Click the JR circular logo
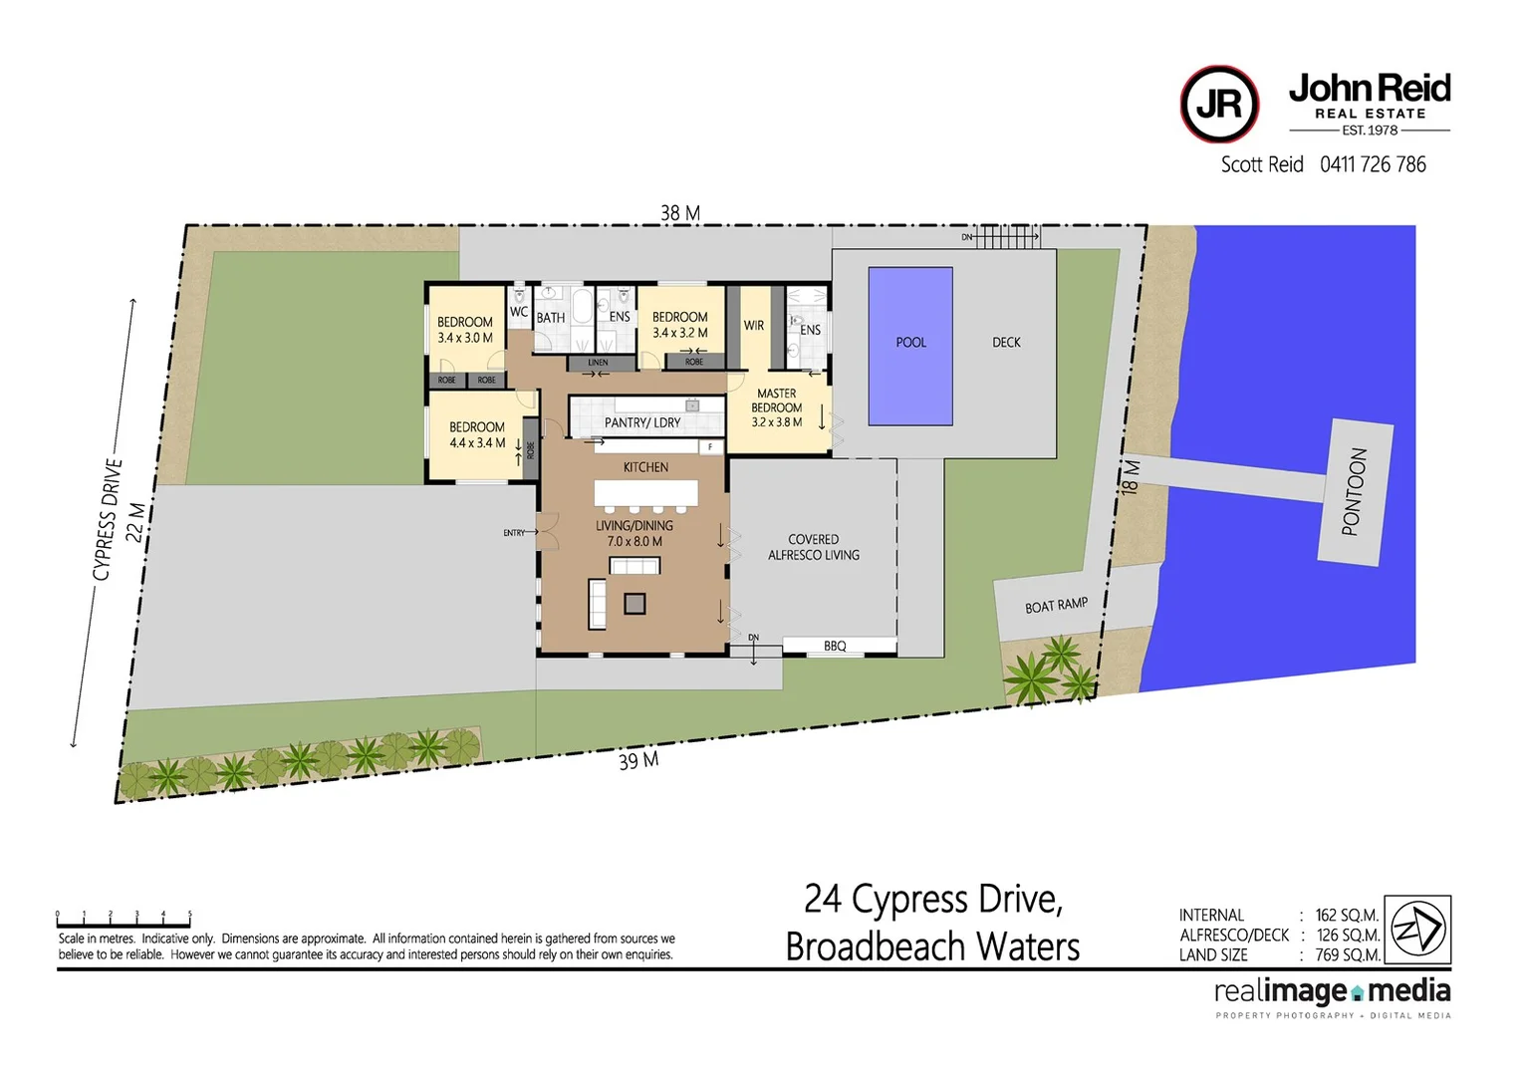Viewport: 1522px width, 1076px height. (x=1219, y=105)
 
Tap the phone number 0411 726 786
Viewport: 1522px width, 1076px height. (x=1373, y=164)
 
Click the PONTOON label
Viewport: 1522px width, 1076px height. (x=1355, y=491)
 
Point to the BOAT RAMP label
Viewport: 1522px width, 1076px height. (x=1056, y=606)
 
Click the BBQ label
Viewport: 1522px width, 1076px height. (x=835, y=647)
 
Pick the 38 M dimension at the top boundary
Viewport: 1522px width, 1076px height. (x=680, y=213)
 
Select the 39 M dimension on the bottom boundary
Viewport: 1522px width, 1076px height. (x=638, y=761)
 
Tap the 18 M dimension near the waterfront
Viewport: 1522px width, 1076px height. (x=1130, y=476)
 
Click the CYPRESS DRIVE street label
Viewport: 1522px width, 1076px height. (x=108, y=518)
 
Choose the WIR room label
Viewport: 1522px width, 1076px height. (x=754, y=326)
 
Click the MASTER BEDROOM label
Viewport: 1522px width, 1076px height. (x=777, y=401)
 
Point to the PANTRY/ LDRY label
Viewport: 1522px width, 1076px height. (x=642, y=422)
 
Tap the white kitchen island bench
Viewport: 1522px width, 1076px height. (x=645, y=492)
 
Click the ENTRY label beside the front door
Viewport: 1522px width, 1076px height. (x=513, y=533)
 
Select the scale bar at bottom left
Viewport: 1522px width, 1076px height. (x=124, y=917)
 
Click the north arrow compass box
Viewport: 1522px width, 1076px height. (x=1418, y=929)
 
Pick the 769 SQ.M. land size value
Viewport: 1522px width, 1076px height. (x=1347, y=954)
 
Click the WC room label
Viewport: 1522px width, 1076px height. (x=519, y=312)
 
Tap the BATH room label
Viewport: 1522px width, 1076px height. (x=551, y=318)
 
